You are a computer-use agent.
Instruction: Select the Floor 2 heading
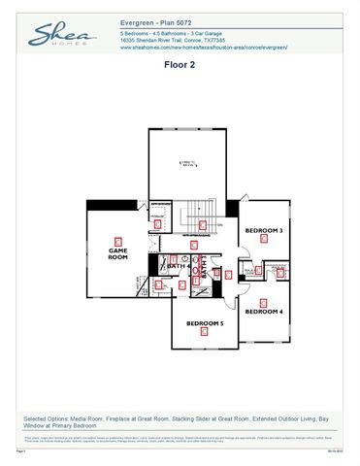pos(180,65)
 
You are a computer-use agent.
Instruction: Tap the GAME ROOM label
pos(117,253)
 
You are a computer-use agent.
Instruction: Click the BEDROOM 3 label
pos(263,231)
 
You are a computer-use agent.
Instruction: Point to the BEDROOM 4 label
pos(263,312)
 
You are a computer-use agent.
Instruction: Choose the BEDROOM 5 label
pos(205,322)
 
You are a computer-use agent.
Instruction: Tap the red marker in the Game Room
pos(117,241)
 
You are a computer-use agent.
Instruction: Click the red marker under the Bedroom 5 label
pos(204,332)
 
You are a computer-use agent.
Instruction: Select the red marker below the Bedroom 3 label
pos(263,242)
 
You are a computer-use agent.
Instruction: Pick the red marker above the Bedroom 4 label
pos(263,301)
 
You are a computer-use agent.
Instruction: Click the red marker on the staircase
pos(202,224)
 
